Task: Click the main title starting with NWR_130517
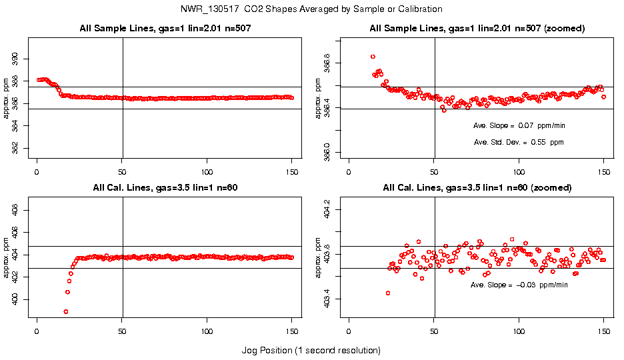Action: click(x=311, y=9)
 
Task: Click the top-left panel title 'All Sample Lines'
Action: click(x=164, y=28)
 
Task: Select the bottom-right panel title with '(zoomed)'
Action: click(x=477, y=188)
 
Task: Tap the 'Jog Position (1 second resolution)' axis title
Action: click(x=311, y=350)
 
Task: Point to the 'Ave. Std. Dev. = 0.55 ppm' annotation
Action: click(x=519, y=142)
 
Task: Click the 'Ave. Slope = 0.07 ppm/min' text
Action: click(x=519, y=125)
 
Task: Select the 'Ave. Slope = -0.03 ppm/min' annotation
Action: click(x=519, y=285)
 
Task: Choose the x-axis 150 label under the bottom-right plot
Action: click(x=604, y=331)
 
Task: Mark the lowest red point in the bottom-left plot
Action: click(x=66, y=311)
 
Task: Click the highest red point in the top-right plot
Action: click(x=373, y=57)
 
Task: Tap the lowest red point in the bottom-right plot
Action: click(x=388, y=293)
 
